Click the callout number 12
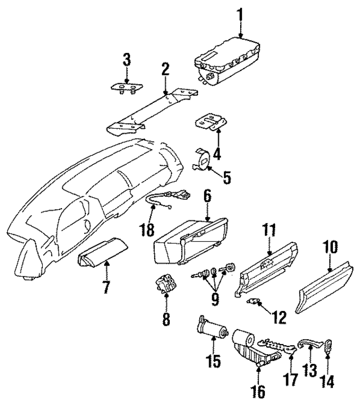(277, 319)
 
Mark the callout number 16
(260, 391)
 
